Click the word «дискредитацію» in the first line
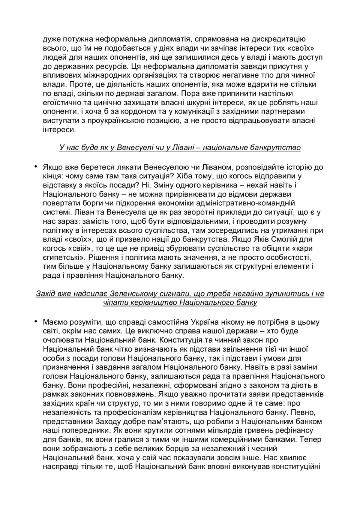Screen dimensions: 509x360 coord(281,39)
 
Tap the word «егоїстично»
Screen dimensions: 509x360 coord(61,102)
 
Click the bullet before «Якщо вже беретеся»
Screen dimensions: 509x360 coord(36,166)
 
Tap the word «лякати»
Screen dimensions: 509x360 coord(129,167)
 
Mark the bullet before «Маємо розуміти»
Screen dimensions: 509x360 coord(36,321)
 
